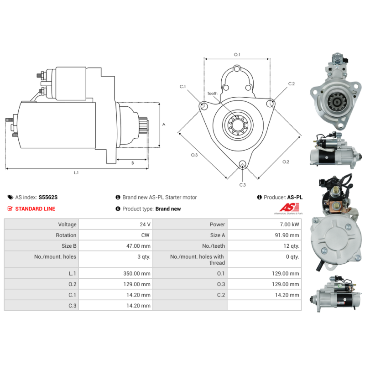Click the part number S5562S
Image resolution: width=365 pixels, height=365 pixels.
[x=48, y=197]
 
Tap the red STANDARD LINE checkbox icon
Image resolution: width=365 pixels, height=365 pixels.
[x=10, y=209]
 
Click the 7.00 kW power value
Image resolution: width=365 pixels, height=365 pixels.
[x=289, y=224]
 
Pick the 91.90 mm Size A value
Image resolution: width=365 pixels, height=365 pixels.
[x=287, y=235]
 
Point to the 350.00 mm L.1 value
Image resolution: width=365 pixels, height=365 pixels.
[x=136, y=273]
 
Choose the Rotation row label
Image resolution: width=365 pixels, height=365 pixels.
[x=66, y=235]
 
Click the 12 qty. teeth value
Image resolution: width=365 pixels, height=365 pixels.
[x=291, y=246]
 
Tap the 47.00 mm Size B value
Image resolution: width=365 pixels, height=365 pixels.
[x=138, y=246]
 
